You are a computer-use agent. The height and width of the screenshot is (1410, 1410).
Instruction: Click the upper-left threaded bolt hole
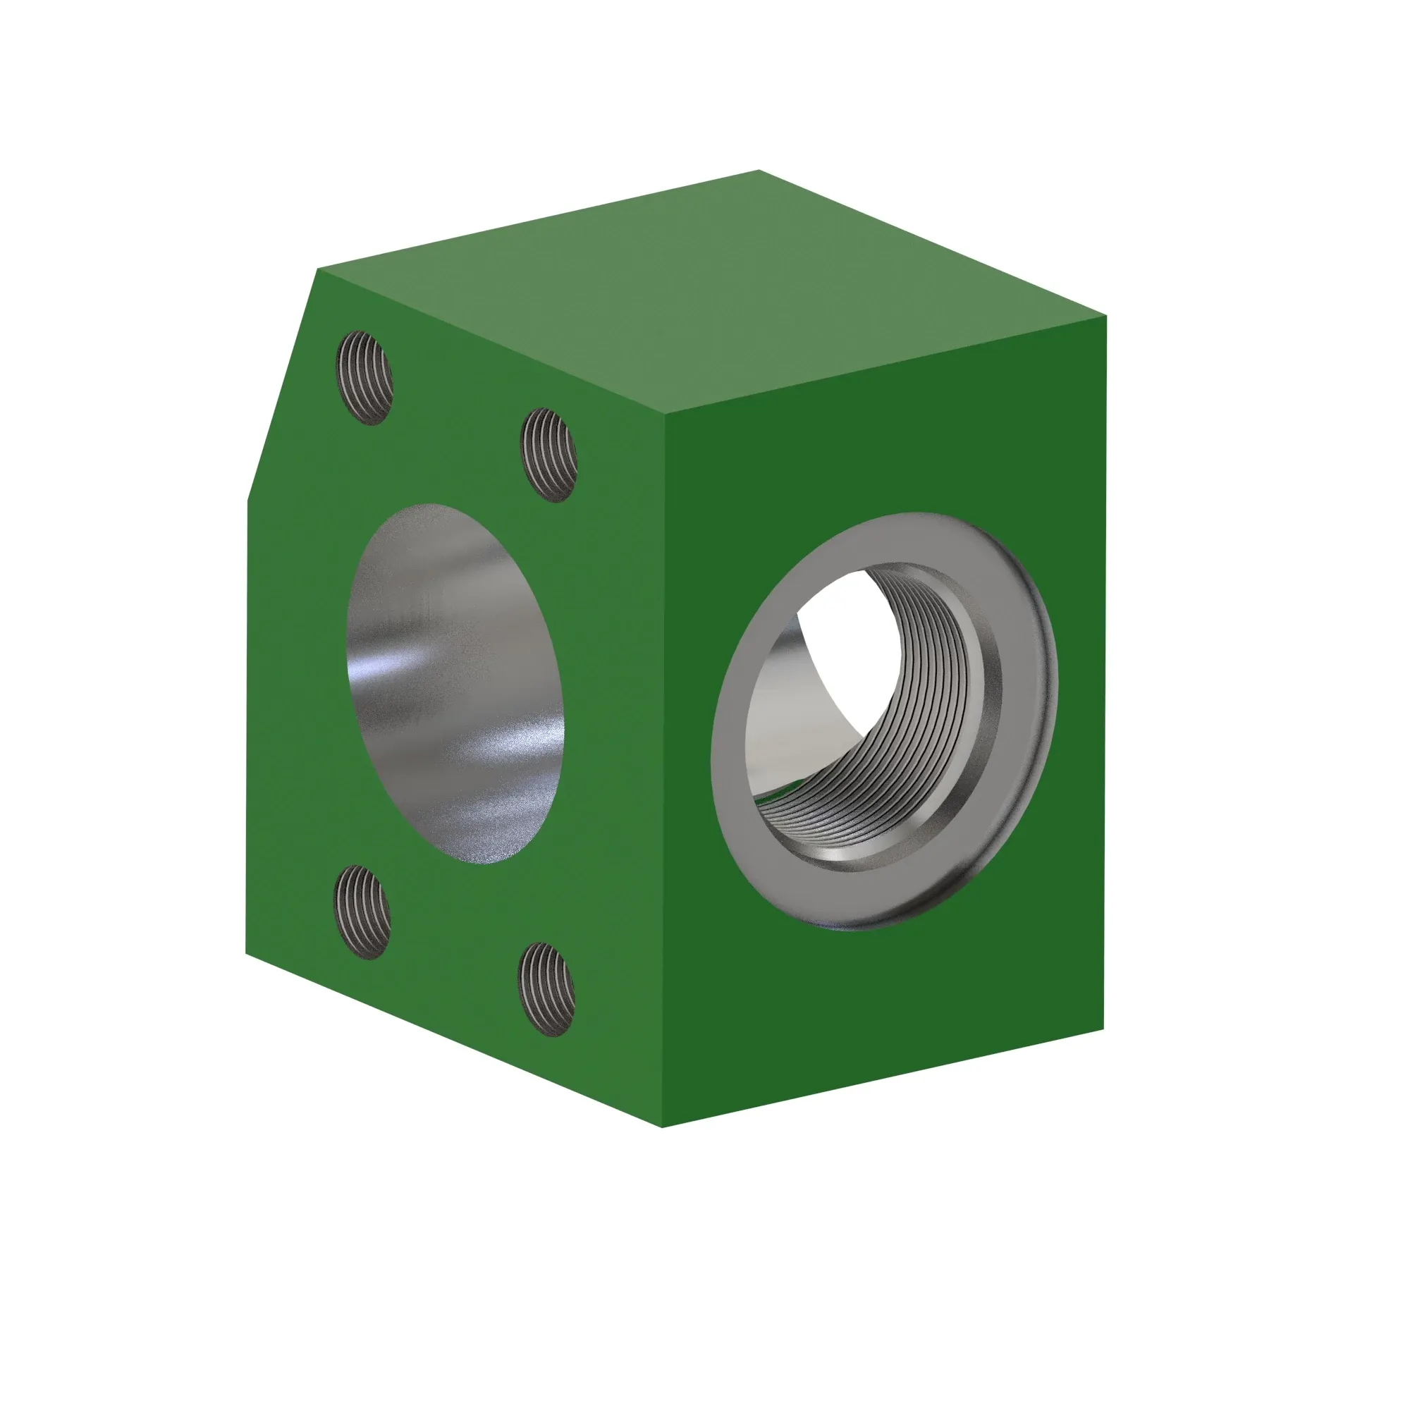(364, 377)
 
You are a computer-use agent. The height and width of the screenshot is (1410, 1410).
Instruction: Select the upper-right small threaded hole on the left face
(548, 455)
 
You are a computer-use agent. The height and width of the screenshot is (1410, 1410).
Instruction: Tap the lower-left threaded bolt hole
(362, 912)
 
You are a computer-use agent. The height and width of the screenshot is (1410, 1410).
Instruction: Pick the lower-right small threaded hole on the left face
(546, 989)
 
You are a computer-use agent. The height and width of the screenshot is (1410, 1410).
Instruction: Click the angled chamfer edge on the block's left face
(281, 387)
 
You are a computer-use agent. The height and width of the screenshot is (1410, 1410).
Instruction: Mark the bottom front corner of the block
(663, 1127)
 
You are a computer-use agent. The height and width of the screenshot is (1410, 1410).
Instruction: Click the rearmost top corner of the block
(759, 171)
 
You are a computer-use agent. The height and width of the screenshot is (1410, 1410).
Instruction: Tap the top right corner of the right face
(1105, 317)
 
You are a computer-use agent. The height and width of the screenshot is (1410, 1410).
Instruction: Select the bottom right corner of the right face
(1103, 1029)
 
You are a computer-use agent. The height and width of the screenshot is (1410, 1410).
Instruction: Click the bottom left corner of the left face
(247, 953)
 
